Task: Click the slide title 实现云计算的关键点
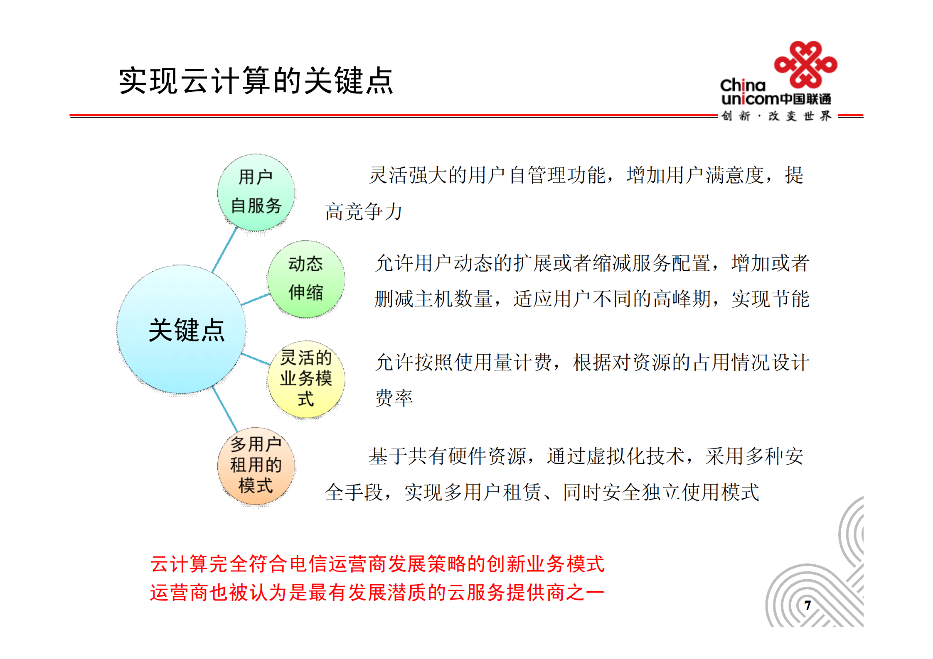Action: coord(256,81)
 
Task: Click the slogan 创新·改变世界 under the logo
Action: coord(776,116)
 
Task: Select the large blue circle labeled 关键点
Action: coord(181,329)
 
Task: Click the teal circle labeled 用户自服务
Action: coord(256,192)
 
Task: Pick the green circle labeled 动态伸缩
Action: coord(306,279)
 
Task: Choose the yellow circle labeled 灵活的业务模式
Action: coord(306,378)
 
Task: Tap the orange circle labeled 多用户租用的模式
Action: coord(256,465)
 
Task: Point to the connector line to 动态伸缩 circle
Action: coord(255,299)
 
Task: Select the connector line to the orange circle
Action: coord(224,408)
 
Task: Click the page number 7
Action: coord(807,605)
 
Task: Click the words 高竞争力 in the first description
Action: coord(363,212)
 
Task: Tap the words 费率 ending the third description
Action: coord(394,398)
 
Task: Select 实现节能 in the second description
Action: coord(770,299)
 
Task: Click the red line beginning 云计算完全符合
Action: coord(377,564)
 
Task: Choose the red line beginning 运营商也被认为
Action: coord(377,593)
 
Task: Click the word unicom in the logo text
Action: coord(749,99)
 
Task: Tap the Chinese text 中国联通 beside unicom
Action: coord(805,99)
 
